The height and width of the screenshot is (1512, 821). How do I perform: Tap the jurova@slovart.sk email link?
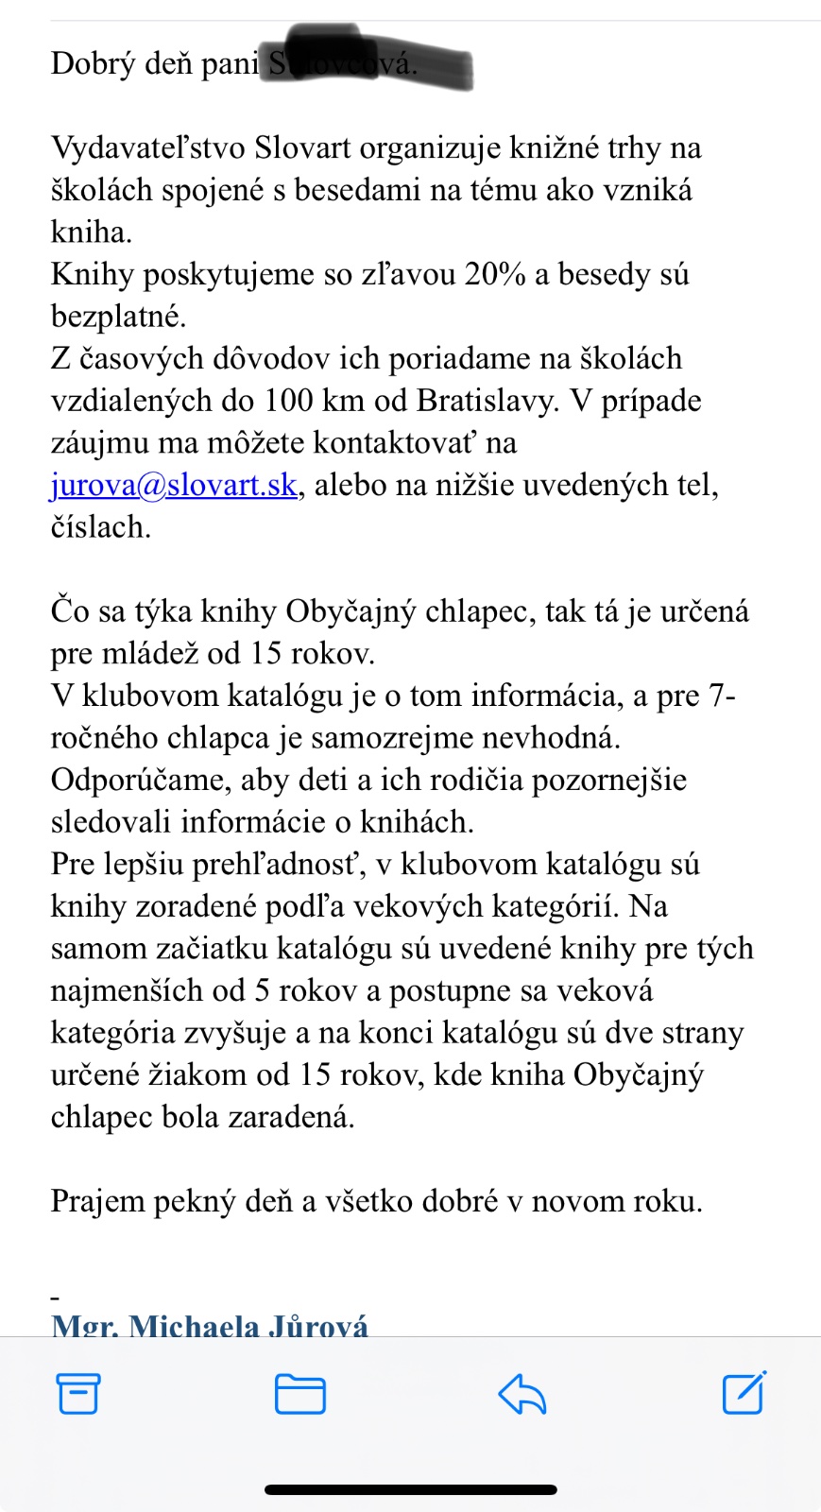(174, 485)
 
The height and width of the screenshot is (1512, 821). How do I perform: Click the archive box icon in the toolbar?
(78, 1393)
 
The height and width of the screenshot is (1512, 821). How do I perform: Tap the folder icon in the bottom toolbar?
(300, 1394)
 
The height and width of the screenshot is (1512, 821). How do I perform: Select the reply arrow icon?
(522, 1394)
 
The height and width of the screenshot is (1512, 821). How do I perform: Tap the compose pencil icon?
(744, 1393)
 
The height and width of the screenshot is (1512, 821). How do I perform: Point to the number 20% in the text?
(495, 274)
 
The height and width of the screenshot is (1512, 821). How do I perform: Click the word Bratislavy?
(486, 401)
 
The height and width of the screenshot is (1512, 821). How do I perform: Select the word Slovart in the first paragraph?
(302, 148)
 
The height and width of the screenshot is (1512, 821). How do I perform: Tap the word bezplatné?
(118, 317)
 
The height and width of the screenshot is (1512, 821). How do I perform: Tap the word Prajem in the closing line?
(97, 1202)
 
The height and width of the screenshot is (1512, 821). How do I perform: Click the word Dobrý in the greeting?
(93, 63)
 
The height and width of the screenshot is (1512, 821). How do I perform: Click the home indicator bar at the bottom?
(410, 1489)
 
